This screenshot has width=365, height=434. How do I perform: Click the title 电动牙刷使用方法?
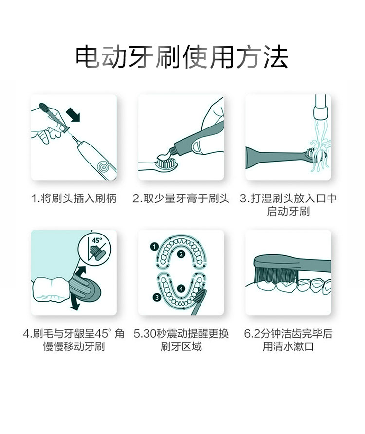click(x=182, y=57)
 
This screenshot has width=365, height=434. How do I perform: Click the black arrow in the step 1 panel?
click(x=73, y=114)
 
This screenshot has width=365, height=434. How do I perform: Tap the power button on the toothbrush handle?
click(x=104, y=167)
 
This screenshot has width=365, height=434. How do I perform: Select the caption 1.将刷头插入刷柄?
click(x=73, y=199)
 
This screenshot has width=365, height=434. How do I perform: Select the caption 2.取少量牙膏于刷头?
click(x=181, y=199)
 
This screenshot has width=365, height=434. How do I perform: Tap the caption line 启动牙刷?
click(x=288, y=212)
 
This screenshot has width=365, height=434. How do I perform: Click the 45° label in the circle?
click(x=97, y=240)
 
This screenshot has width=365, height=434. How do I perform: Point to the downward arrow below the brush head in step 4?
click(x=74, y=303)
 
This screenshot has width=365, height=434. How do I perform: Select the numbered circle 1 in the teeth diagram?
click(x=154, y=246)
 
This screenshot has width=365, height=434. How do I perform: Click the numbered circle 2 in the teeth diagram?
click(x=181, y=254)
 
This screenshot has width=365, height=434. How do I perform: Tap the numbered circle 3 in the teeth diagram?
click(x=157, y=298)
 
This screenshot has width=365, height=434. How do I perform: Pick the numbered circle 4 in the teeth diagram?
click(x=181, y=289)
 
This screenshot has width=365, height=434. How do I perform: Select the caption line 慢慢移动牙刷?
click(x=73, y=347)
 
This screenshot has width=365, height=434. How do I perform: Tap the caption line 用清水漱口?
click(x=288, y=347)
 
